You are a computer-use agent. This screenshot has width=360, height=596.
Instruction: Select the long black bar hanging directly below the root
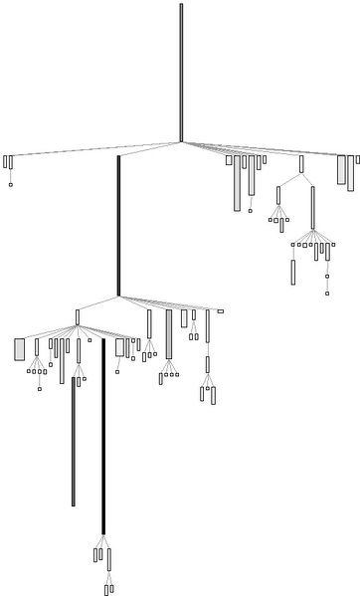pos(118,225)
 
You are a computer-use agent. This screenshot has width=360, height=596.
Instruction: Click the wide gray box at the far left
pos(19,349)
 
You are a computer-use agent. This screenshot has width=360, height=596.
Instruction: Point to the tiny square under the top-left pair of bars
pos(10,184)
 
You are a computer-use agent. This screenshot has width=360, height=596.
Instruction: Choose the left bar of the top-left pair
pos(5,161)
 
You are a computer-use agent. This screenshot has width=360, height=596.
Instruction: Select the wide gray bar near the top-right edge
pos(341,169)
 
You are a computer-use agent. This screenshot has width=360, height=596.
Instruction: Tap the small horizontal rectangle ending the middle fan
pos(220,311)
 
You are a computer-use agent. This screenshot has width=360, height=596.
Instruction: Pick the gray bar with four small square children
pos(169,333)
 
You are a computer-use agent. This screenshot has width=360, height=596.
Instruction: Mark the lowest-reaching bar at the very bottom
pos(106,589)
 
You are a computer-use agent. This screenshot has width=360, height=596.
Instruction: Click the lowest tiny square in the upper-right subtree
pos(326,293)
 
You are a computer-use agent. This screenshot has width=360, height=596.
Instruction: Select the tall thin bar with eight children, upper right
pos(313,207)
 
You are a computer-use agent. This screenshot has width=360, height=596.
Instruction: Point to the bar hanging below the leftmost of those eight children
pos(292,272)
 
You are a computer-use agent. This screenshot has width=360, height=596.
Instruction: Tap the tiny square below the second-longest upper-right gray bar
pos(251,210)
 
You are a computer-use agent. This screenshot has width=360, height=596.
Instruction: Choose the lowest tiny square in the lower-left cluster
pos(40,388)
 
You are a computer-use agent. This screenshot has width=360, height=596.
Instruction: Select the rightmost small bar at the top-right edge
pos(358,159)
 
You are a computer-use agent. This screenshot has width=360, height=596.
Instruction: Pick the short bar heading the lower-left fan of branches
pos(78,316)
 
